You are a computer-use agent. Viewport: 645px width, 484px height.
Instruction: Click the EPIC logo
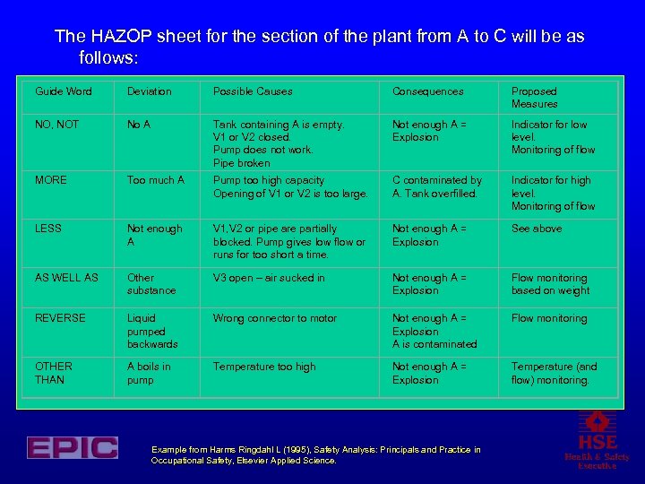tap(72, 447)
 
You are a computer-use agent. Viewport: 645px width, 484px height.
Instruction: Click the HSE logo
tap(597, 440)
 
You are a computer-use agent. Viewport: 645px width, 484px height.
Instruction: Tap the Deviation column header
tap(149, 91)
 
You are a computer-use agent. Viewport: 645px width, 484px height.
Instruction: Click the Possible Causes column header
tap(253, 91)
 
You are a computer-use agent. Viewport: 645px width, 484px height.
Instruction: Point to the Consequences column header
tap(428, 91)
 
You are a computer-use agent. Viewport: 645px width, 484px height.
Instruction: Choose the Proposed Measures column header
tap(534, 98)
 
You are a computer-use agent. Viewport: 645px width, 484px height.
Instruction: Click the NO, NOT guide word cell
tap(56, 125)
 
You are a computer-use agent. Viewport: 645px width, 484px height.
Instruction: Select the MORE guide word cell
tap(51, 180)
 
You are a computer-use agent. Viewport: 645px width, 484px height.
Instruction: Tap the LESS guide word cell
tap(48, 229)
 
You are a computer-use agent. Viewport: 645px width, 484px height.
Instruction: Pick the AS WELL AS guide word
tap(66, 278)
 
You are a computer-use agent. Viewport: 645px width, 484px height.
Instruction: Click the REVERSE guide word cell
tap(60, 318)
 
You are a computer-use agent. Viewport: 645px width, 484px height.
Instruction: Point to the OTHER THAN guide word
tap(54, 373)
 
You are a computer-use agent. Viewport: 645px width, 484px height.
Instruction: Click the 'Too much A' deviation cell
tap(156, 180)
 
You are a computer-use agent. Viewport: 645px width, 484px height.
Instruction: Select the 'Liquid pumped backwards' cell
tap(152, 331)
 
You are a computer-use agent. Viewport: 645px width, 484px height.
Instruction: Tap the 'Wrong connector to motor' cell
tap(274, 318)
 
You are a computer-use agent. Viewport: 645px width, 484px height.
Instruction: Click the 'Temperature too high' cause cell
tap(264, 367)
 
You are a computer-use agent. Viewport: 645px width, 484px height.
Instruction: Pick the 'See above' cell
tap(536, 229)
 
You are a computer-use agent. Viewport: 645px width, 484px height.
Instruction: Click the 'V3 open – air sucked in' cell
tap(269, 278)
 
